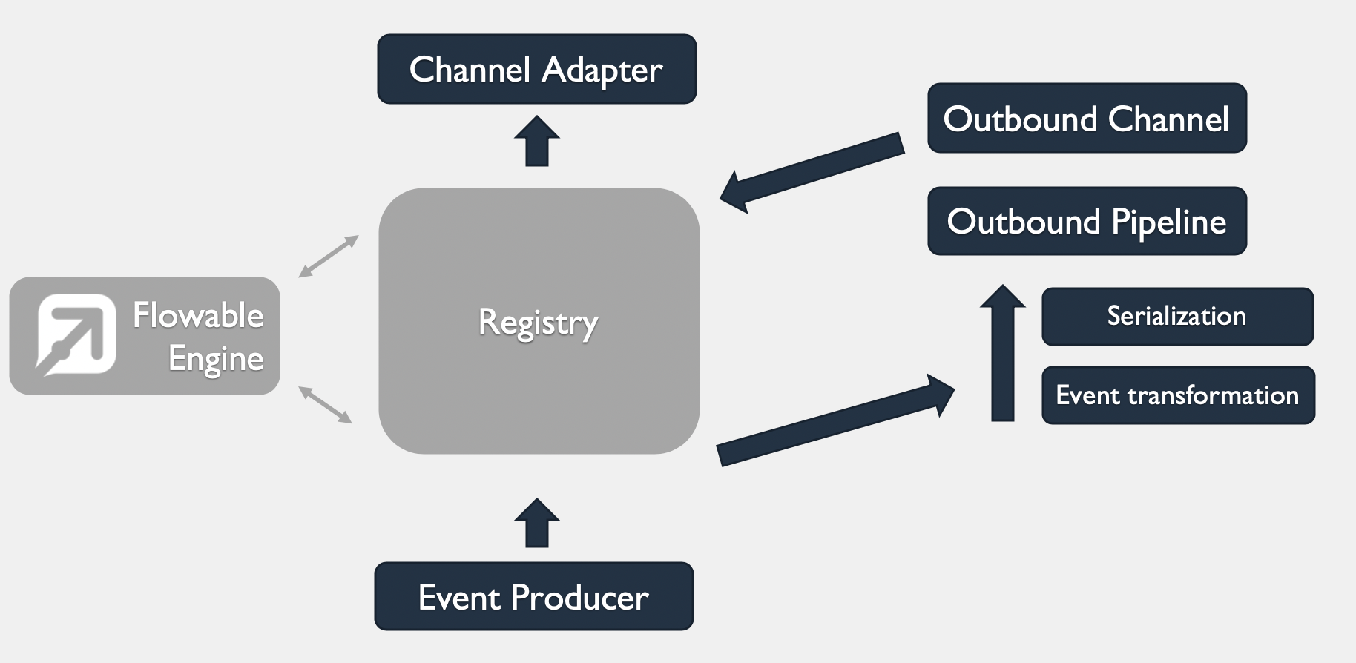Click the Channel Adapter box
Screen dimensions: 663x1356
(536, 69)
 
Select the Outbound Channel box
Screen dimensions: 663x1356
(1087, 119)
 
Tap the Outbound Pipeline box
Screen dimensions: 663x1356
(1087, 221)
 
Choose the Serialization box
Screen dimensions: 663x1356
(1177, 317)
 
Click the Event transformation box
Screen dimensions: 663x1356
(1178, 395)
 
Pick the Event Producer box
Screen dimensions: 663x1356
(533, 597)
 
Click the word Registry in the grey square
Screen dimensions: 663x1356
(539, 323)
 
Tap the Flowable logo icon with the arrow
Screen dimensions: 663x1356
(76, 334)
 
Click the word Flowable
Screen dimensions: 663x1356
(198, 315)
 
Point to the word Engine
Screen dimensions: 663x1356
(216, 359)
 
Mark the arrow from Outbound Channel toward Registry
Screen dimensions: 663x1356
(812, 172)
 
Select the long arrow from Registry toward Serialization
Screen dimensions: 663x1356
(835, 420)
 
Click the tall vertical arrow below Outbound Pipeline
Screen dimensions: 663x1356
(1003, 353)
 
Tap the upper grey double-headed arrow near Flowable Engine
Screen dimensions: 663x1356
(329, 257)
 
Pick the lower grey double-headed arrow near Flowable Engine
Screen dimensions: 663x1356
(325, 405)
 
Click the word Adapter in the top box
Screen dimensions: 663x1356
(602, 70)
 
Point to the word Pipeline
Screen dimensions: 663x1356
(1168, 222)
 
